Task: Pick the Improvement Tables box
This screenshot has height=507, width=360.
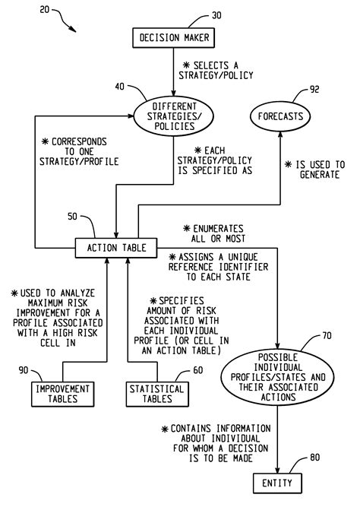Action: click(x=63, y=393)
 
